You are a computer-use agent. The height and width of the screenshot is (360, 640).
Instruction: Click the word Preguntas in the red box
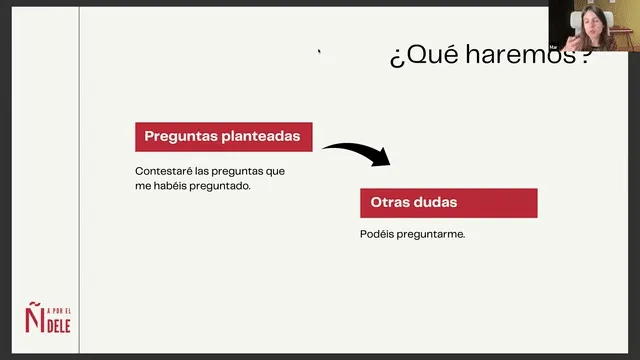(181, 137)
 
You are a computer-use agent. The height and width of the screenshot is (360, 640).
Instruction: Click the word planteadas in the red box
(261, 136)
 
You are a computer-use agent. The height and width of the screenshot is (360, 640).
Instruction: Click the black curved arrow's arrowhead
(382, 157)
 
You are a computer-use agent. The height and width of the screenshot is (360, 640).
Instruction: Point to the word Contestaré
(164, 171)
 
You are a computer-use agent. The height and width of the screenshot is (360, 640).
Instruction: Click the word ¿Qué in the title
(424, 55)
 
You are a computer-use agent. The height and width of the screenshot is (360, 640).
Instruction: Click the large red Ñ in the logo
(34, 317)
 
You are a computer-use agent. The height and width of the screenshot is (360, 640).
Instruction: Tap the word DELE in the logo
(59, 326)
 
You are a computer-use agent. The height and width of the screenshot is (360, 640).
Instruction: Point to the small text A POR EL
(59, 311)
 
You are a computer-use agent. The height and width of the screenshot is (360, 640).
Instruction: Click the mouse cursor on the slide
(319, 51)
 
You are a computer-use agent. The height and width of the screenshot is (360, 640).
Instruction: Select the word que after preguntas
(275, 172)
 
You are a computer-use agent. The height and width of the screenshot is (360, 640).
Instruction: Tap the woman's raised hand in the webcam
(574, 42)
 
